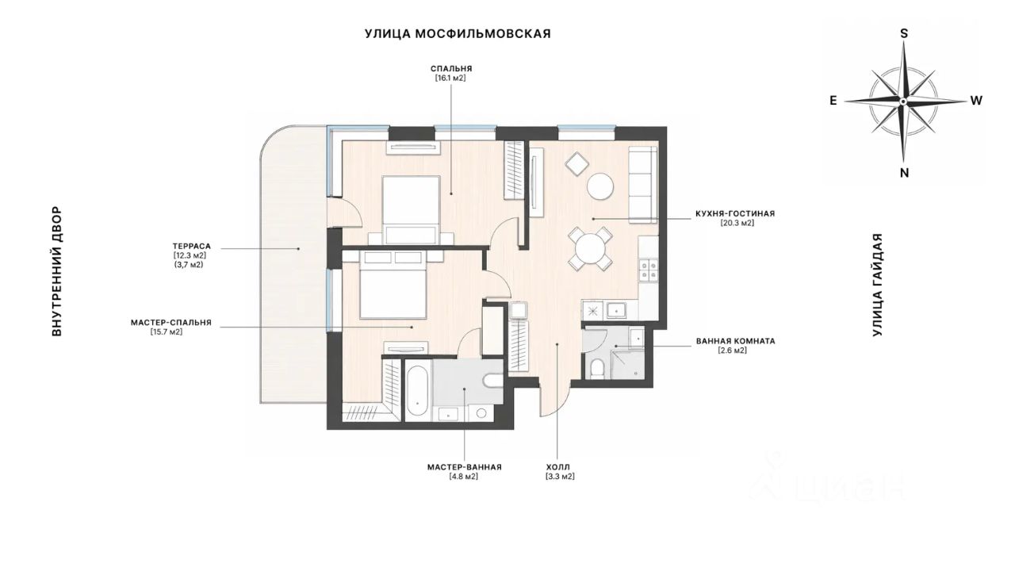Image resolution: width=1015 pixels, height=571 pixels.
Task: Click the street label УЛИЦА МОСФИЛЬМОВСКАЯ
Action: click(458, 34)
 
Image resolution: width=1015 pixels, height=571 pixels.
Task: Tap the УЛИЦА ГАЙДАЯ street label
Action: click(878, 285)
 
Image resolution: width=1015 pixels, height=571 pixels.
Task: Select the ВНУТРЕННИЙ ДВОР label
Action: click(56, 271)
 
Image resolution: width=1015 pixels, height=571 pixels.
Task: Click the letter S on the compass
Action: click(904, 33)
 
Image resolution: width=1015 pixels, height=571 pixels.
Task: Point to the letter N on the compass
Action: click(904, 173)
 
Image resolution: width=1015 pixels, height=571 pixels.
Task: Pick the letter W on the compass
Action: click(976, 101)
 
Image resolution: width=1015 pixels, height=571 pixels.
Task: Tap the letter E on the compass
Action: click(833, 101)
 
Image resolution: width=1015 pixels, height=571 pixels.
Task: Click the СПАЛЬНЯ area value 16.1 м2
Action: click(451, 78)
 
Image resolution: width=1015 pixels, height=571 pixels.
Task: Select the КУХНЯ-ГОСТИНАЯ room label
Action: click(735, 213)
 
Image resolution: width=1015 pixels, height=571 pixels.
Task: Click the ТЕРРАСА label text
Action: click(192, 247)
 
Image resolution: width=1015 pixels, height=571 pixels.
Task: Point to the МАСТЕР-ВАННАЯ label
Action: click(465, 467)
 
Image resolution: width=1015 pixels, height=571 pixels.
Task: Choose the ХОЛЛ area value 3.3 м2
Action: click(560, 477)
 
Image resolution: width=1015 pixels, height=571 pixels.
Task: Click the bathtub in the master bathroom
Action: click(417, 391)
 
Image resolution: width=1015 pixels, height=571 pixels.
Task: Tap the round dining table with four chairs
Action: click(590, 249)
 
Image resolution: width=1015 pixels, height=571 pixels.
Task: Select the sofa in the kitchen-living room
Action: click(643, 185)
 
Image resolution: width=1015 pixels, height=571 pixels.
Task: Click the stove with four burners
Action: click(648, 270)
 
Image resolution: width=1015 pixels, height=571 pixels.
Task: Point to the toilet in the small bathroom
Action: click(598, 368)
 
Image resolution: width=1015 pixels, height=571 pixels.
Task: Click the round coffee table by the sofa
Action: click(600, 186)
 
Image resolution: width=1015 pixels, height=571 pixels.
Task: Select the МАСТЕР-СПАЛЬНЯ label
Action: click(171, 323)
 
